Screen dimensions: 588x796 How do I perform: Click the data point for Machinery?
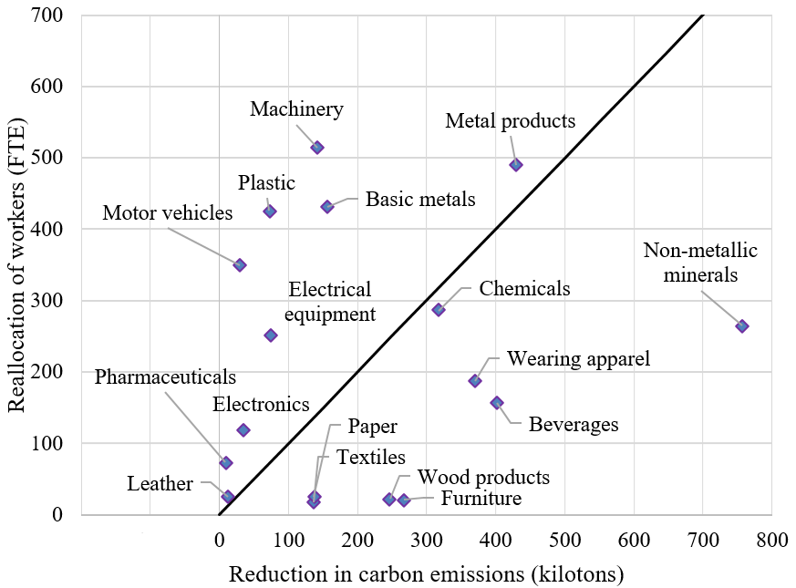(317, 147)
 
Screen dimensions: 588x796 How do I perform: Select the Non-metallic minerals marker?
(742, 326)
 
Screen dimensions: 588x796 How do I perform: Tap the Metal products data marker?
(516, 165)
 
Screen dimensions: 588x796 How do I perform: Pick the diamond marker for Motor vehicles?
(240, 265)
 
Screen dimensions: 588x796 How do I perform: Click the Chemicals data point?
(439, 310)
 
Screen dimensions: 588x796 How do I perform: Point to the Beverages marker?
(497, 403)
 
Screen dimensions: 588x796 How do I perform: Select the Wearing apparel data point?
(475, 381)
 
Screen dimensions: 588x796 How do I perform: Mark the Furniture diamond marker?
(404, 500)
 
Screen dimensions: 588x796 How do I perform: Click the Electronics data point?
(243, 429)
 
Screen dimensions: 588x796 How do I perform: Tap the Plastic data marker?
(270, 211)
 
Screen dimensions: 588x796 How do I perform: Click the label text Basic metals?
(420, 199)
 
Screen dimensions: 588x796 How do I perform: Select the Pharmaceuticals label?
(165, 377)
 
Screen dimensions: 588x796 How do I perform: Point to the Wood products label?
(483, 477)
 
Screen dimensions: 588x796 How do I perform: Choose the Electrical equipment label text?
(330, 302)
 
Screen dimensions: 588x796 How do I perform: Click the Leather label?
(160, 484)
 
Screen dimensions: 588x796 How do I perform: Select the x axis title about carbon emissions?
(426, 574)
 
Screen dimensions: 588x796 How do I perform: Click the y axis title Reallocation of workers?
(17, 264)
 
